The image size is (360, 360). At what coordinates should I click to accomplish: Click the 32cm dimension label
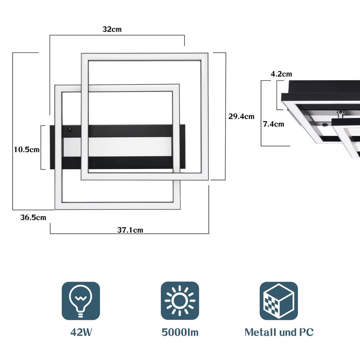112,29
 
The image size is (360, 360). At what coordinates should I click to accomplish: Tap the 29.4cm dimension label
241,116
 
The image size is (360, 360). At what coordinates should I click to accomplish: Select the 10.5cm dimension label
27,149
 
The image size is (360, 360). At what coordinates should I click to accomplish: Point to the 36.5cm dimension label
33,217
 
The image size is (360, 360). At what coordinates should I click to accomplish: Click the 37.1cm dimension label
130,230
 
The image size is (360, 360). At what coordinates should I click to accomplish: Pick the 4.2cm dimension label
281,74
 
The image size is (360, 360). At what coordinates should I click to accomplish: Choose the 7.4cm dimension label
273,124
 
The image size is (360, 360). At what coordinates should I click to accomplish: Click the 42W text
81,332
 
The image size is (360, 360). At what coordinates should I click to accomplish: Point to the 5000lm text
180,332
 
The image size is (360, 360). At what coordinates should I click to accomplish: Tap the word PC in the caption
306,332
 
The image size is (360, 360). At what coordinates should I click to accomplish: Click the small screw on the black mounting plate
70,130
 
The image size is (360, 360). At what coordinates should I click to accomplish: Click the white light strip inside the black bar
129,147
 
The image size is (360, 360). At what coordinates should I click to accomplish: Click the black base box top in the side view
324,87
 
